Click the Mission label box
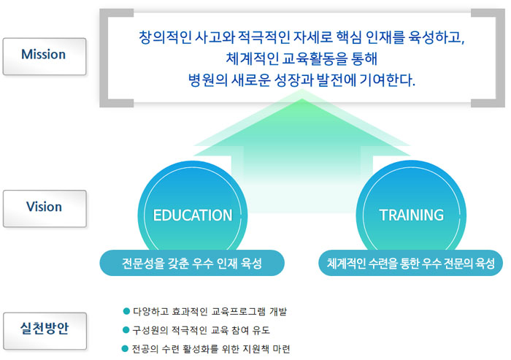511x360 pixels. point(45,56)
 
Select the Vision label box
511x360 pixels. point(45,209)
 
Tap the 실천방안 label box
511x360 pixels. point(45,331)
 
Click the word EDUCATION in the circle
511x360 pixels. point(193,215)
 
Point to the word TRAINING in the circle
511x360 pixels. point(411,215)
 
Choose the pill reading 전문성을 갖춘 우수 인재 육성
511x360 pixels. point(192,263)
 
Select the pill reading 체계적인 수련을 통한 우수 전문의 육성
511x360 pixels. point(410,263)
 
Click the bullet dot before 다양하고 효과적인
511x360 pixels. point(126,311)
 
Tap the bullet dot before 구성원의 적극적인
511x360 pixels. point(126,330)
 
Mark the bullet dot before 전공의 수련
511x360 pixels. point(125,348)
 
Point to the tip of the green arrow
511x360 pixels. point(301,89)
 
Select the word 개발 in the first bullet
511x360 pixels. point(278,311)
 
